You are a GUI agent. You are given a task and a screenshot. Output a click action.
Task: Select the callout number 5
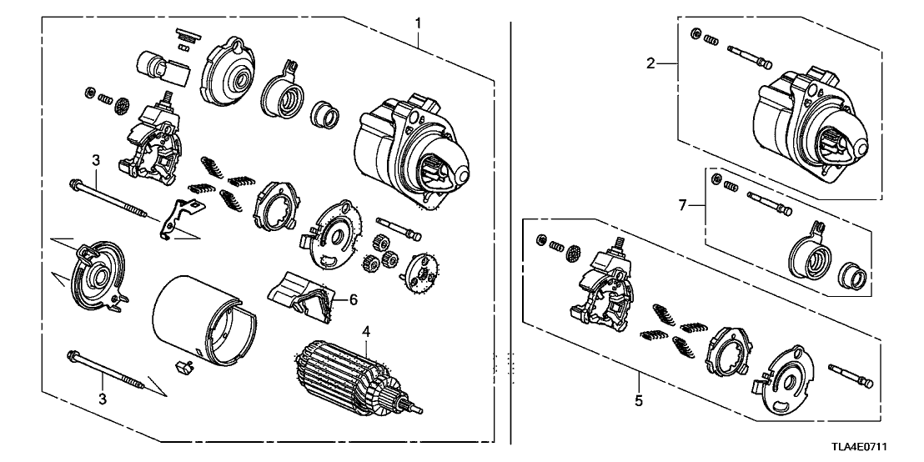pyautogui.click(x=638, y=401)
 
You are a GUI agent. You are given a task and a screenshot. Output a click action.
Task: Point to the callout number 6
pyautogui.click(x=353, y=299)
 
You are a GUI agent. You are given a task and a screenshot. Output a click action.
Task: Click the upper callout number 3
pyautogui.click(x=96, y=158)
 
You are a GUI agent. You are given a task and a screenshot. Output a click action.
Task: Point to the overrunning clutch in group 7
pyautogui.click(x=807, y=255)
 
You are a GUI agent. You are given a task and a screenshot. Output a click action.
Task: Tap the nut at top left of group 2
pyautogui.click(x=696, y=34)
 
